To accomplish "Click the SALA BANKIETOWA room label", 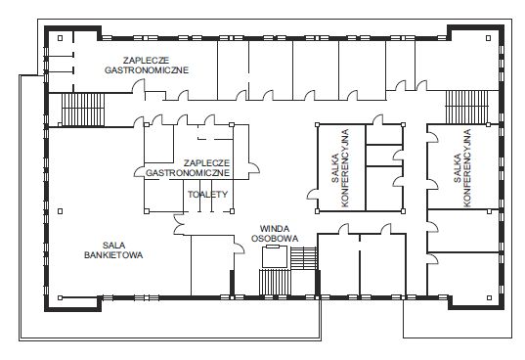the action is [113, 250].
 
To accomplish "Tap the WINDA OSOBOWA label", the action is [275, 234].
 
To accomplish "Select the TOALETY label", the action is [207, 195].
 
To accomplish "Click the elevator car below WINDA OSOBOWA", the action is [275, 257].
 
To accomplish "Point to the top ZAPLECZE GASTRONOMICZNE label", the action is [147, 65].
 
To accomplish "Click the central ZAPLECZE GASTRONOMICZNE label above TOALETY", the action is [188, 168].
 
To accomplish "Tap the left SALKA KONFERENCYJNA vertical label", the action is [340, 168].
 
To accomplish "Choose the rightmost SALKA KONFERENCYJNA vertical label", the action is [462, 168].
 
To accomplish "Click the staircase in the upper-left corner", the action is [83, 110].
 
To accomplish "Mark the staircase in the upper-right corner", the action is [466, 107].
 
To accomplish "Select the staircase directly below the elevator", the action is [275, 283].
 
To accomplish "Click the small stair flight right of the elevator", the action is [304, 258].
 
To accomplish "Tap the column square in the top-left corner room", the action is [61, 38].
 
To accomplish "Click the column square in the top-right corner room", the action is [488, 38].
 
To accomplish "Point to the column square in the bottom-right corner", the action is [489, 297].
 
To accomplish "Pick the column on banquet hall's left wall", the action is [61, 211].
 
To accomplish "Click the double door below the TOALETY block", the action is [179, 224].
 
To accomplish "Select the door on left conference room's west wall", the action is [313, 195].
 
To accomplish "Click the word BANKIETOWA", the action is [113, 255].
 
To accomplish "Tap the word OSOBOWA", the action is [275, 239].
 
